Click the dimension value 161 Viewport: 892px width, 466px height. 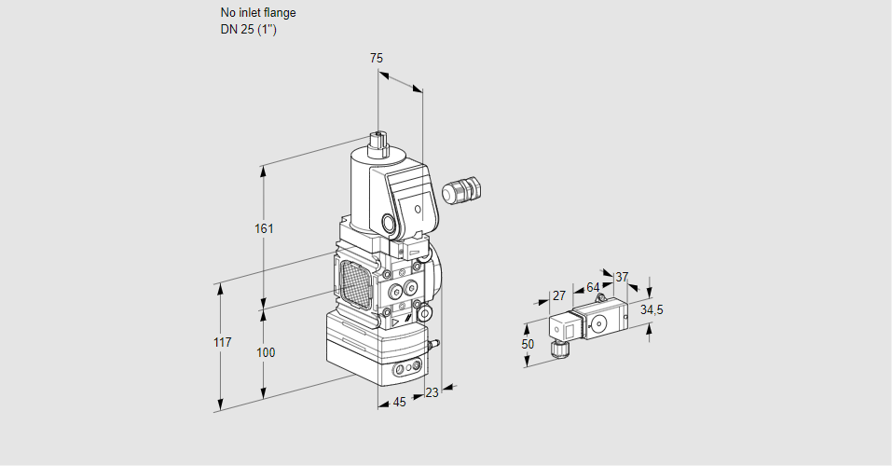coord(267,228)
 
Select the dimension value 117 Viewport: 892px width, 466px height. coord(222,343)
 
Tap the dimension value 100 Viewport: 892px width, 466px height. coord(267,352)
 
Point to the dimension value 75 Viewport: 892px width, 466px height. coord(376,58)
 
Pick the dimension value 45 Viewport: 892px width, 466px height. coord(399,403)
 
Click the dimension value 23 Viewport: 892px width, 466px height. coord(432,392)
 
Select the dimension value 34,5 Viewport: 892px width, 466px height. coord(652,309)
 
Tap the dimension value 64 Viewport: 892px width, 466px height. coord(593,287)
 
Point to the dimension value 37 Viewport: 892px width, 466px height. coord(622,277)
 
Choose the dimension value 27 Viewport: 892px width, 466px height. coord(559,295)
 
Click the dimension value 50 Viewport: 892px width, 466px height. coord(528,344)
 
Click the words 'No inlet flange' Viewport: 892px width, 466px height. coord(258,13)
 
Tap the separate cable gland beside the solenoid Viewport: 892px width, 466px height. coord(460,190)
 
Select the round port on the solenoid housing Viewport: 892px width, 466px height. coord(387,224)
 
